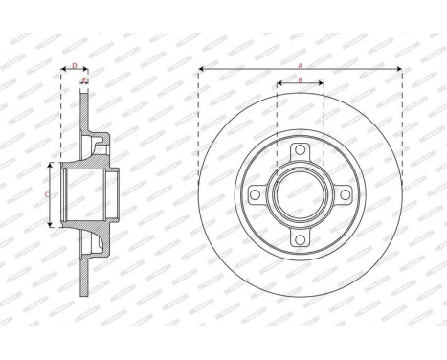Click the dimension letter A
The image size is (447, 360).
pyautogui.click(x=300, y=65)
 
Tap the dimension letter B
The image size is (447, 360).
pyautogui.click(x=300, y=79)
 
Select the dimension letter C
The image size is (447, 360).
pyautogui.click(x=49, y=193)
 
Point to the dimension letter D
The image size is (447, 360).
pyautogui.click(x=75, y=65)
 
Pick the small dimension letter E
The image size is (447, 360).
pyautogui.click(x=86, y=80)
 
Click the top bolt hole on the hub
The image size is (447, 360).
pyautogui.click(x=300, y=148)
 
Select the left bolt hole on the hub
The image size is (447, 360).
pyautogui.click(x=254, y=195)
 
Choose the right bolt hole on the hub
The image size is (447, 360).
pyautogui.click(x=346, y=195)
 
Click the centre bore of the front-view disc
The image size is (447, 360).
pyautogui.click(x=300, y=195)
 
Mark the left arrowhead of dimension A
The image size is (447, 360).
pyautogui.click(x=202, y=70)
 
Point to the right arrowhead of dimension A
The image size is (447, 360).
pyautogui.click(x=398, y=70)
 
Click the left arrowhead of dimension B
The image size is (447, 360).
pyautogui.click(x=278, y=84)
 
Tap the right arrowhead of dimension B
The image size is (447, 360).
pyautogui.click(x=322, y=84)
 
